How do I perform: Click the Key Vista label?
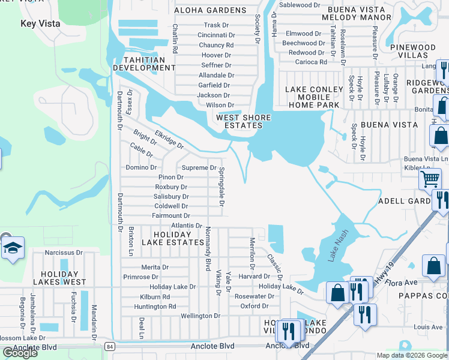41,23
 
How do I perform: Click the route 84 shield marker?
109,346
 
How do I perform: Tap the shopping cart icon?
430,178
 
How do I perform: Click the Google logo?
20,353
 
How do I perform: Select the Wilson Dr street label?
219,105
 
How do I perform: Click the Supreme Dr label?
199,168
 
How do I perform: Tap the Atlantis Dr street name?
187,226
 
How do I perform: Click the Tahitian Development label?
149,64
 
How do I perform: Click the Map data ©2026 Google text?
412,355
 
